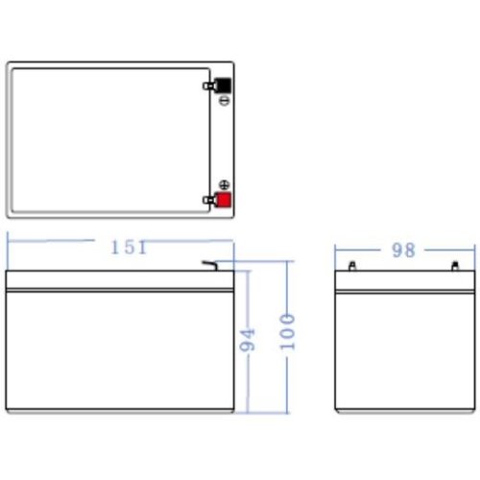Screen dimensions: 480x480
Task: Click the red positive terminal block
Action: coord(224,200)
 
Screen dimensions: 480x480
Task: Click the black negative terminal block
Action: coord(223,85)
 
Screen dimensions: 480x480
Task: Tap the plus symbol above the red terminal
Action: coord(225,185)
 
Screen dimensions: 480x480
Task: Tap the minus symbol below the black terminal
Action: coord(225,101)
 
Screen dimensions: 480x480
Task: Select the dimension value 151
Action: coord(129,248)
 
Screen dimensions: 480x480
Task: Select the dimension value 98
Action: coord(403,251)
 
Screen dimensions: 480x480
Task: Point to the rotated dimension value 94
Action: coord(248,339)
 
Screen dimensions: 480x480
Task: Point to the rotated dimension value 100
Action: coord(287,332)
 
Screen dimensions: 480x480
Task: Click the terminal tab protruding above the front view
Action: coord(209,266)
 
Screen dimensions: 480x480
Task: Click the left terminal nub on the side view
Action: coord(352,266)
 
